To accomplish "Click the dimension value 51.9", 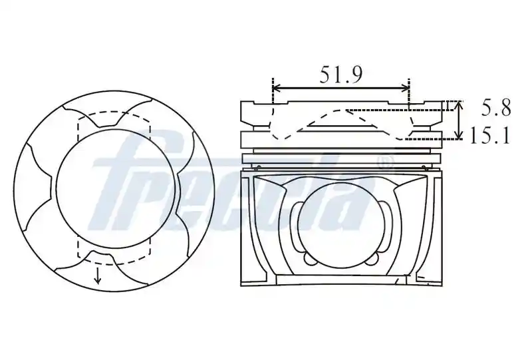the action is pyautogui.click(x=340, y=75).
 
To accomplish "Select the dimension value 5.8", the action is pyautogui.click(x=495, y=108).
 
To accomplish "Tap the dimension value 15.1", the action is pyautogui.click(x=490, y=136).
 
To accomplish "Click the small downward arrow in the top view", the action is pyautogui.click(x=98, y=275).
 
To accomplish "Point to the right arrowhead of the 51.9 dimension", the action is pyautogui.click(x=406, y=89).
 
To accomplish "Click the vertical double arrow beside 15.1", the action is pyautogui.click(x=459, y=120).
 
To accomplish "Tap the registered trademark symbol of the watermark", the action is pyautogui.click(x=386, y=162).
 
